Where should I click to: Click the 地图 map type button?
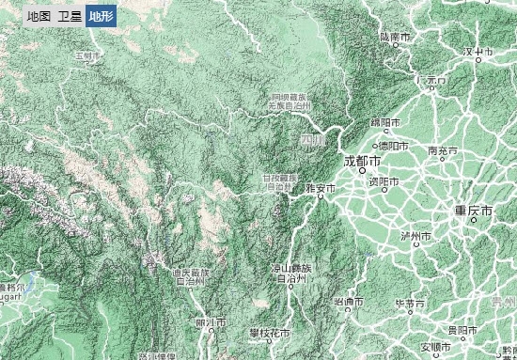[39, 16]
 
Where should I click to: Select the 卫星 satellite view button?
[69, 16]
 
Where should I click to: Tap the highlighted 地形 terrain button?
[100, 16]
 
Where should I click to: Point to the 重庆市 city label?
[473, 211]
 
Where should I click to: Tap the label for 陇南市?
[396, 37]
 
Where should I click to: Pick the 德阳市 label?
[392, 146]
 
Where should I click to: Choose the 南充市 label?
[442, 150]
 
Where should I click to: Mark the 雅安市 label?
[321, 189]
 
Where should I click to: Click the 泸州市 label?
[415, 235]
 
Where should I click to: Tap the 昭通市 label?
[349, 302]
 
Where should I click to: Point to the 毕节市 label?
[410, 304]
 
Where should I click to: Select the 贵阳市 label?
[461, 331]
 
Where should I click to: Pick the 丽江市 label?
[211, 322]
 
